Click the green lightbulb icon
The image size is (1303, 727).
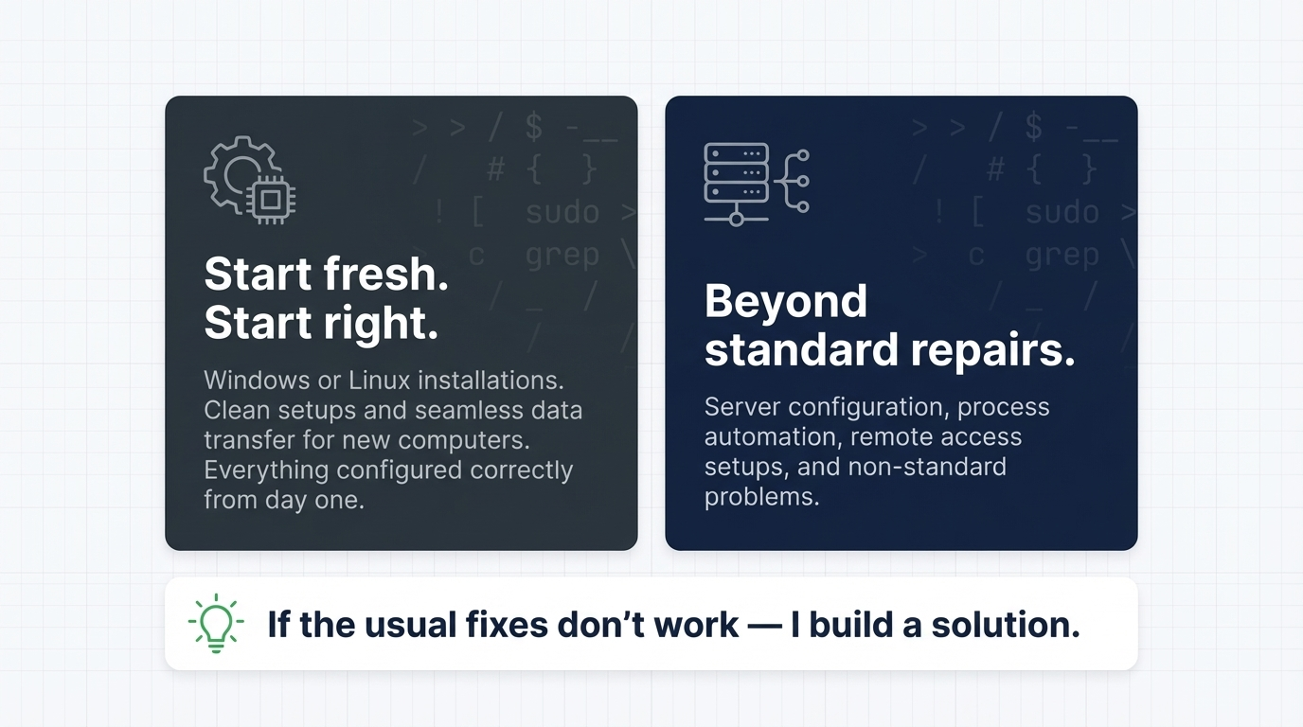tap(216, 623)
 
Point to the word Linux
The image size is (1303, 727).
tap(379, 381)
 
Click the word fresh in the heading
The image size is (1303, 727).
tap(385, 275)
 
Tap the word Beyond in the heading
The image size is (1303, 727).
tap(786, 301)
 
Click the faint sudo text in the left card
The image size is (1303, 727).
tap(562, 213)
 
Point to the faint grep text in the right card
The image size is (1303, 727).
tap(1062, 256)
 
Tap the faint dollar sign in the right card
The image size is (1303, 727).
tap(1033, 126)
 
